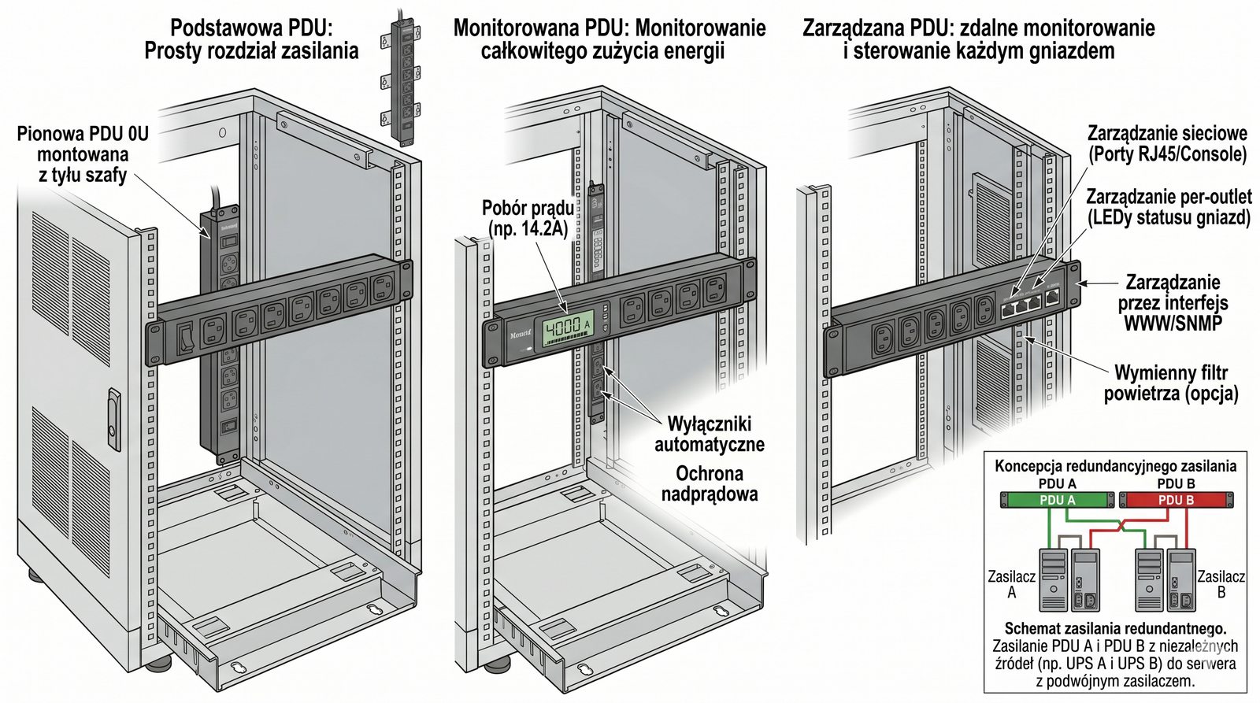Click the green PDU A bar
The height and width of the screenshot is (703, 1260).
coord(1057,500)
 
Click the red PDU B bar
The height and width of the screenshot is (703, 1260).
coord(1176,500)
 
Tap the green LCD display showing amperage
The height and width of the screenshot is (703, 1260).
coord(563,326)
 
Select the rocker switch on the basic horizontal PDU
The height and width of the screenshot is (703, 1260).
coord(185,337)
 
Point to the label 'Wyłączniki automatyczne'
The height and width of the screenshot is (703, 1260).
coord(709,434)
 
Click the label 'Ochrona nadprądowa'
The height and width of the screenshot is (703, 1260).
coord(709,483)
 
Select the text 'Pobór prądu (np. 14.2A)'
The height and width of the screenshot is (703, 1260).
coord(528,219)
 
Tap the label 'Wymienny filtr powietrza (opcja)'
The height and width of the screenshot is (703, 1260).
coord(1170,383)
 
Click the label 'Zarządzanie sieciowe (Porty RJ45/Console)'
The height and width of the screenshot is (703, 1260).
coord(1167,143)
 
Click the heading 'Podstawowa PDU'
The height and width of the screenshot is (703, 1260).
coord(251,29)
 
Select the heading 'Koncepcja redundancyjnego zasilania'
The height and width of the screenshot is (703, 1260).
coord(1115,466)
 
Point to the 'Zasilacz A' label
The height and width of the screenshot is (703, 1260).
coord(1011,584)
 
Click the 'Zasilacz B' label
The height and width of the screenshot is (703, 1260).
coord(1221,584)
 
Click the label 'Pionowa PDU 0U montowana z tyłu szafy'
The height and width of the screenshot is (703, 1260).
coord(83,154)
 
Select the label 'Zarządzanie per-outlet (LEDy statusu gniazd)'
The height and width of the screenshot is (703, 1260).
coord(1169,206)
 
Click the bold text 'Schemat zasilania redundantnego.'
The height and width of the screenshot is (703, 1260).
coord(1115,629)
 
